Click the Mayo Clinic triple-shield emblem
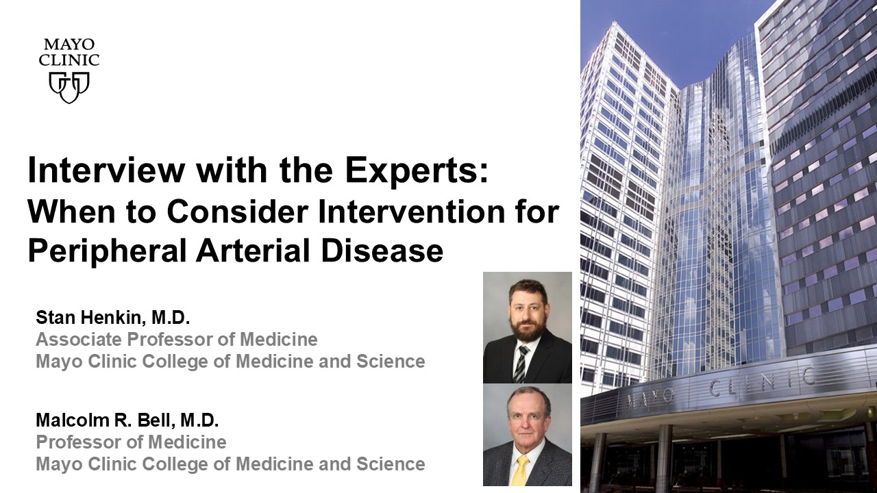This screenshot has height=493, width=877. [x=69, y=87]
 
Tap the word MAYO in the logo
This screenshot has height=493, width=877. [x=69, y=45]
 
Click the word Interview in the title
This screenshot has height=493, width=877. [x=106, y=170]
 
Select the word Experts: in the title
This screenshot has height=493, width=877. [x=417, y=171]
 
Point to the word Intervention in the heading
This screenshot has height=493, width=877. [x=411, y=212]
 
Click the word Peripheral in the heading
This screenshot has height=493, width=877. [x=107, y=251]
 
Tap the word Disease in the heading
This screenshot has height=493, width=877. [x=382, y=251]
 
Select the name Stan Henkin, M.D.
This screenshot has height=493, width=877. [x=113, y=317]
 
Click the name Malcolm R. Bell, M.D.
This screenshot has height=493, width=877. [x=127, y=420]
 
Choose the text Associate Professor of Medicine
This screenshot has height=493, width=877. [x=177, y=339]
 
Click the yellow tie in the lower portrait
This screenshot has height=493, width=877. [x=520, y=470]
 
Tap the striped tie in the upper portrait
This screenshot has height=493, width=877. [x=520, y=364]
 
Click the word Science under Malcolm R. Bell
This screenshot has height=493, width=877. [x=391, y=464]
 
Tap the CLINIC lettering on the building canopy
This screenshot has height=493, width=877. [x=763, y=383]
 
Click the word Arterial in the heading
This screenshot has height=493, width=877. [x=253, y=251]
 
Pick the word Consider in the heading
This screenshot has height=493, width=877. [x=238, y=212]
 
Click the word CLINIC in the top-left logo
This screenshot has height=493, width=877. [x=69, y=60]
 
